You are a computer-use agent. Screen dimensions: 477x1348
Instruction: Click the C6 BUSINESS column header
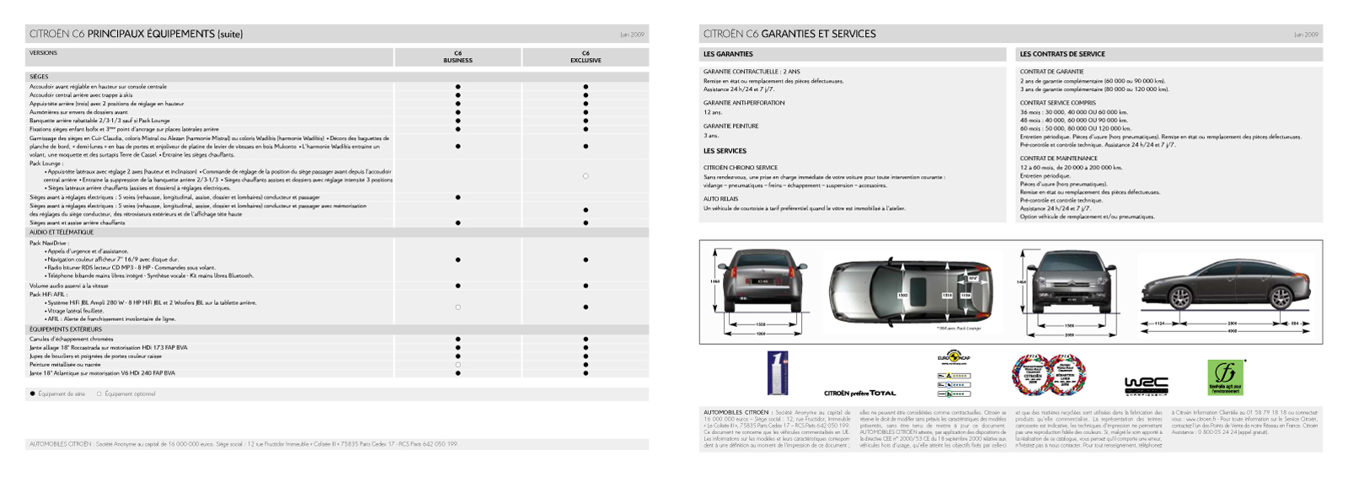coord(457,56)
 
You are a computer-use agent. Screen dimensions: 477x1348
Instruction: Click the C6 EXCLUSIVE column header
coord(586,56)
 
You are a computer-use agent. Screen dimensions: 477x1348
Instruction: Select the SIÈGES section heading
coord(39,77)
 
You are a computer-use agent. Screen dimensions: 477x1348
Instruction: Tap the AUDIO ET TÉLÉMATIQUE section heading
coord(62,232)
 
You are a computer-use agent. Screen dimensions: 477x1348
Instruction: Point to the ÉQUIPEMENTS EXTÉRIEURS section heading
coord(66,330)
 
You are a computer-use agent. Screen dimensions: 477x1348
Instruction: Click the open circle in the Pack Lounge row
coord(586,176)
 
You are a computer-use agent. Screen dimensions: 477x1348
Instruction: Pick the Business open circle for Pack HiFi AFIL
coord(457,307)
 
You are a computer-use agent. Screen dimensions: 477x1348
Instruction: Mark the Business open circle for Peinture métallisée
coord(457,364)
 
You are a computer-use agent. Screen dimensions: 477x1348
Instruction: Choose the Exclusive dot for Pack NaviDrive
coord(586,260)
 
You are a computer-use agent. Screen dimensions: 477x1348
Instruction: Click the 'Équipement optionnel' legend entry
coord(126,394)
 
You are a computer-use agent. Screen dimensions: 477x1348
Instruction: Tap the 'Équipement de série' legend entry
coord(57,394)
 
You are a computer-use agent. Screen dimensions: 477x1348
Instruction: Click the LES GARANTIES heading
coord(728,54)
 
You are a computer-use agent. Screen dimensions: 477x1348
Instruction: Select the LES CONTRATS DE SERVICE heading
coord(1062,54)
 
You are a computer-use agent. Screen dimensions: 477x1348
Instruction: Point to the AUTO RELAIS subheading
coord(720,199)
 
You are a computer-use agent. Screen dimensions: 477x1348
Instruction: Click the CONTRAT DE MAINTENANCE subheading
coord(1058,158)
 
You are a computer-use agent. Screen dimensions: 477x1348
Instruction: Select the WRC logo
coord(1146,386)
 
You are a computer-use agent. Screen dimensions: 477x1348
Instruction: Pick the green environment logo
coord(1225,378)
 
